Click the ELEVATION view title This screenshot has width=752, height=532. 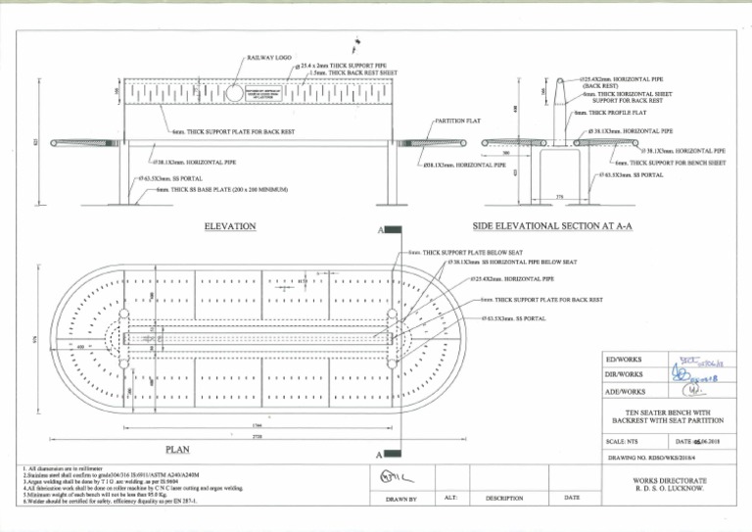(x=230, y=226)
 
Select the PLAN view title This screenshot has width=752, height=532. (x=176, y=450)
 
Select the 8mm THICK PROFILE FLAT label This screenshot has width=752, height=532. (x=611, y=113)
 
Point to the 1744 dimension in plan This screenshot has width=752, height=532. (x=256, y=425)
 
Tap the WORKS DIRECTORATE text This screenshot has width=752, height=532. (x=671, y=479)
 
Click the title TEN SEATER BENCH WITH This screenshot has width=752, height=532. (x=666, y=412)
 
